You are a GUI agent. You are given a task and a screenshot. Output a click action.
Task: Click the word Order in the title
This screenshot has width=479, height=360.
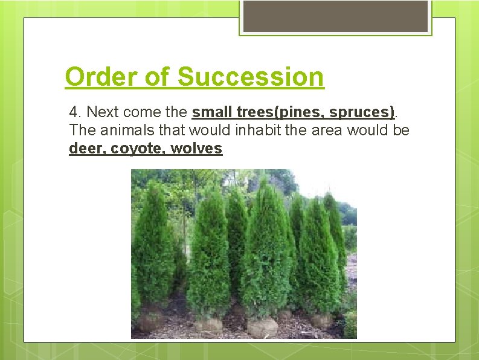pos(102,77)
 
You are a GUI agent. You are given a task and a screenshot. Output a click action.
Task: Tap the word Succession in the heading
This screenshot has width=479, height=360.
pos(251,77)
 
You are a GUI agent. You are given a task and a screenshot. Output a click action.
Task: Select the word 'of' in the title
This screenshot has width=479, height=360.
pos(158,77)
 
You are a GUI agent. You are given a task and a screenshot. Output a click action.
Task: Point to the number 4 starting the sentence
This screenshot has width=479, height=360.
pos(74,112)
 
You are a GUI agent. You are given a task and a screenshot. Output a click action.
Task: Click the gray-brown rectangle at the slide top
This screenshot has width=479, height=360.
pos(336,16)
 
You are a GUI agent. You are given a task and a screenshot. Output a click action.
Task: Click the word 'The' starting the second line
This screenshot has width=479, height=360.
pos(80,130)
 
